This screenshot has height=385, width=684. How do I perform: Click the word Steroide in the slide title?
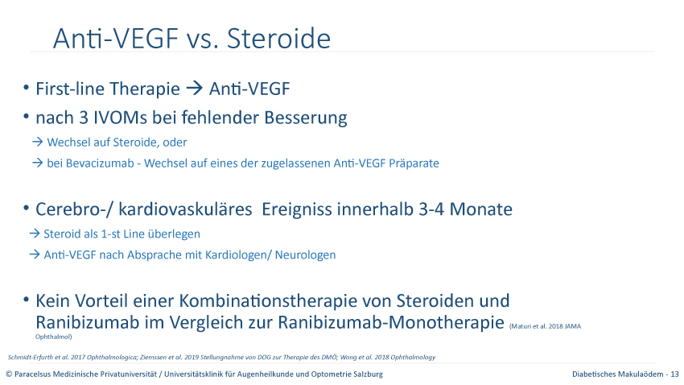point(278,39)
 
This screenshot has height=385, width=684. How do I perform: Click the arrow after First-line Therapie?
point(195,88)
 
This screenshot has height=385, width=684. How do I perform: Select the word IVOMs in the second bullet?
point(121,118)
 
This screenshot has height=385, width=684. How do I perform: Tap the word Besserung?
point(306,118)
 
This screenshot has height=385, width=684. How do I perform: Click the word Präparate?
point(414,164)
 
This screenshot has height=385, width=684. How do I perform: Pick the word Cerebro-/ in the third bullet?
point(74,209)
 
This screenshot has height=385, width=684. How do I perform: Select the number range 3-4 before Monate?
point(431,209)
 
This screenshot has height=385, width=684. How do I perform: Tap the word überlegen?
point(174,234)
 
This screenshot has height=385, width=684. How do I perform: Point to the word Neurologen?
point(305,255)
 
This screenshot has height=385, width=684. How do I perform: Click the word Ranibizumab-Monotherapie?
point(391,323)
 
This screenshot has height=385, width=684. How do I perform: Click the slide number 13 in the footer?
point(675,374)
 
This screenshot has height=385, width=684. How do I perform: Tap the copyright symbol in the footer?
point(9,374)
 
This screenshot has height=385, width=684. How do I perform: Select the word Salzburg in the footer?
point(369,375)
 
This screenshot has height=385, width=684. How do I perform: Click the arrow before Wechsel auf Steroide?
point(38,142)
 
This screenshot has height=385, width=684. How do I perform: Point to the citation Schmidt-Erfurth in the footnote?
point(28,357)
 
